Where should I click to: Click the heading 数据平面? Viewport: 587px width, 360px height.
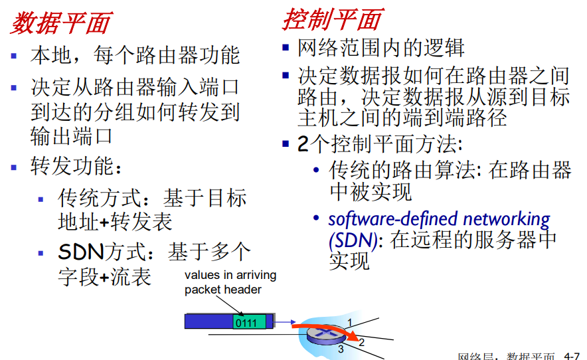(60, 24)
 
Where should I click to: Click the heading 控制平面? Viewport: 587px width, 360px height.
(331, 20)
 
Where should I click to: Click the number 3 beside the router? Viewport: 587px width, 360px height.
(341, 349)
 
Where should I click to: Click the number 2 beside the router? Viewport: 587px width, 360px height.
(361, 343)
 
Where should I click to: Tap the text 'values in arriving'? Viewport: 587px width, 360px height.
(230, 275)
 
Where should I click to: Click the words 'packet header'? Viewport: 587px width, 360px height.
(223, 289)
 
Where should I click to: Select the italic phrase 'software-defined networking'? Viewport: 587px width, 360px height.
(439, 219)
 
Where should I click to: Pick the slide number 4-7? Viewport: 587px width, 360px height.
(572, 355)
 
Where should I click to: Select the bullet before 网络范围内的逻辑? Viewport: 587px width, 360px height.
(286, 47)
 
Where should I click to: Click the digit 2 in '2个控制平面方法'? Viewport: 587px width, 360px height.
(302, 144)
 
